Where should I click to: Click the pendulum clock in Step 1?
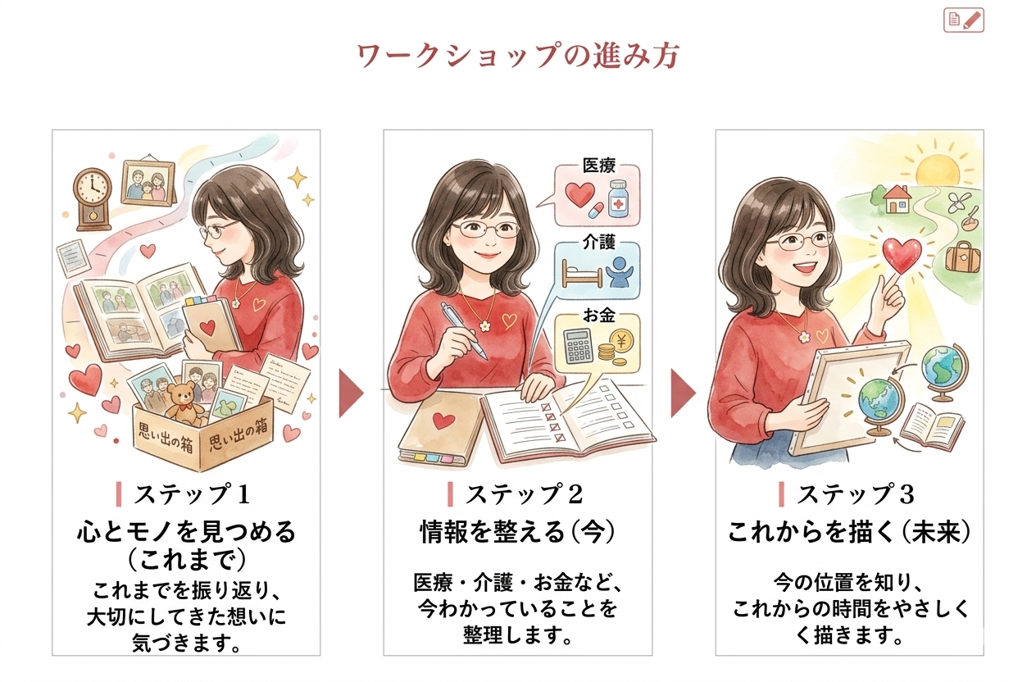(93, 199)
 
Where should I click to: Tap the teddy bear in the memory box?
(185, 403)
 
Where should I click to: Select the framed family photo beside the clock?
(148, 183)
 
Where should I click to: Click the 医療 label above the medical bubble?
(598, 166)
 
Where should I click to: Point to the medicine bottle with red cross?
(620, 198)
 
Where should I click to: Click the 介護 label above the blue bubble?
(598, 242)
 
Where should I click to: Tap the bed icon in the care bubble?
(582, 273)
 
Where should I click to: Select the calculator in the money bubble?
(579, 346)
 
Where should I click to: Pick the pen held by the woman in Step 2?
(463, 330)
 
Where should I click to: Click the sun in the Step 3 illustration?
(938, 170)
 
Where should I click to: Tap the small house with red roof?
(897, 199)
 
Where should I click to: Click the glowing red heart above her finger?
(902, 256)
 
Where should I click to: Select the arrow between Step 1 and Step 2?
(351, 393)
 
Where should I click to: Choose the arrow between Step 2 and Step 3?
(683, 393)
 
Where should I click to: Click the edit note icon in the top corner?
(964, 20)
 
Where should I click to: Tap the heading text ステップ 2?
(524, 494)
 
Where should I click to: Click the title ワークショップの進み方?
(518, 56)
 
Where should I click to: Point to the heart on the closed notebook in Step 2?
(443, 421)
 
